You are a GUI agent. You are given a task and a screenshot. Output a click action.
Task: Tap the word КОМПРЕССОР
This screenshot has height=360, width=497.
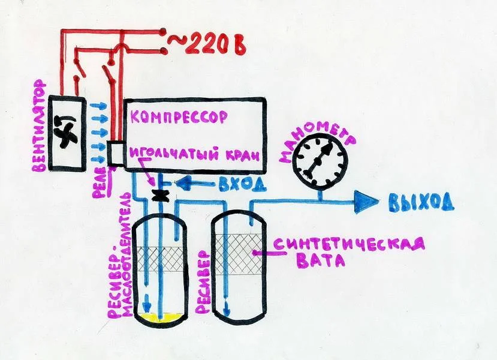click(x=179, y=117)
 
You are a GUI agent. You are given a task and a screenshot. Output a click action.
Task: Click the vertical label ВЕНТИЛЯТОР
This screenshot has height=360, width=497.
click(x=40, y=126)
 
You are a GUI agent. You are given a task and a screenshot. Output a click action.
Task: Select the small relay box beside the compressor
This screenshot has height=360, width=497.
click(x=115, y=153)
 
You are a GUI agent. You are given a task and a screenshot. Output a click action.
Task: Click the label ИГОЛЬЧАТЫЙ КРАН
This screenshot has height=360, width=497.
click(x=195, y=156)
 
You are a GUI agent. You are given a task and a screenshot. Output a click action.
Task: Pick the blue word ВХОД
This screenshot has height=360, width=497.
click(x=242, y=184)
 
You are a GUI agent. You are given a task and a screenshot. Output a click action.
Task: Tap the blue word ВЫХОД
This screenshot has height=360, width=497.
click(x=421, y=202)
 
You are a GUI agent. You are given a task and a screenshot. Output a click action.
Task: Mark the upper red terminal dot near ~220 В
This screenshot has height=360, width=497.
click(x=163, y=31)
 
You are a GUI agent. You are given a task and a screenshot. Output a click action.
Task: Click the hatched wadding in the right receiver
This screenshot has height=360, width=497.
click(x=239, y=254)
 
